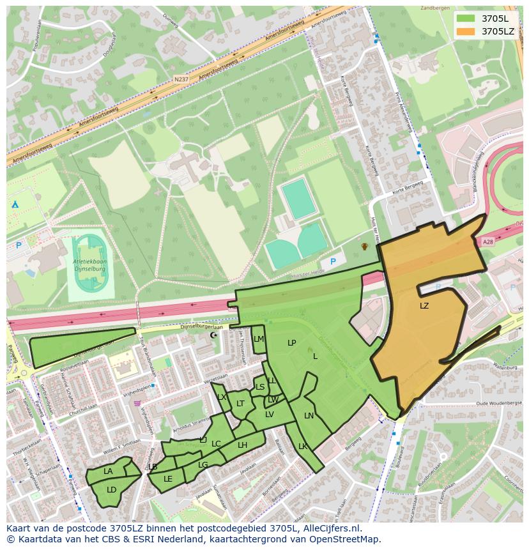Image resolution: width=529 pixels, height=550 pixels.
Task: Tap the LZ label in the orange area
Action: (x=424, y=306)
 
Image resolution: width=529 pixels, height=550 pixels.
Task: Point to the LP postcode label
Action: (x=292, y=343)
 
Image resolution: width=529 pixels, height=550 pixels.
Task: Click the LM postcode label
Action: (x=258, y=339)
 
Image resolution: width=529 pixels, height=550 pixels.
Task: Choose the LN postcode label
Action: (x=309, y=416)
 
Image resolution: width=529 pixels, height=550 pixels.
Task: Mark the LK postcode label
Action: (x=303, y=447)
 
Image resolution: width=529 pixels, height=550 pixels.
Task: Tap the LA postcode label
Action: (x=108, y=471)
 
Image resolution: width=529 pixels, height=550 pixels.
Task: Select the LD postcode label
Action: (x=111, y=490)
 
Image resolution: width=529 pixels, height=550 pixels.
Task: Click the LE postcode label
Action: (x=168, y=478)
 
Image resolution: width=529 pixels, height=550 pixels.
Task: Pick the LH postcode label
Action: (x=242, y=445)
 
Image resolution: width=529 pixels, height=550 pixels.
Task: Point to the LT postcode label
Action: (x=240, y=404)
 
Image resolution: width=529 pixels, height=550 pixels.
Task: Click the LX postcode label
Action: (x=222, y=397)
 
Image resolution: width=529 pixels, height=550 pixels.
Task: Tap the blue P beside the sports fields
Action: (x=332, y=262)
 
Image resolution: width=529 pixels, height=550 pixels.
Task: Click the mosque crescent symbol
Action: (x=213, y=335)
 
